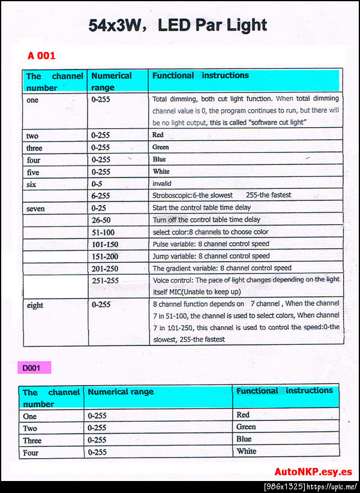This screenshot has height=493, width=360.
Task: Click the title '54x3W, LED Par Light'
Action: pyautogui.click(x=178, y=25)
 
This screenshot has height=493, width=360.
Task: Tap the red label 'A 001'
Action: pyautogui.click(x=41, y=56)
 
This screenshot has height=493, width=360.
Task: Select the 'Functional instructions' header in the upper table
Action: pyautogui.click(x=200, y=76)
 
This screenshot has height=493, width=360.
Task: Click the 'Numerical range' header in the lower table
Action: pyautogui.click(x=121, y=392)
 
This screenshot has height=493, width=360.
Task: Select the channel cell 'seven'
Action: pyautogui.click(x=35, y=208)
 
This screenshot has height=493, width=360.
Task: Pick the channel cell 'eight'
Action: pyautogui.click(x=35, y=305)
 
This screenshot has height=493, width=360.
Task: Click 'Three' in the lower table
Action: pyautogui.click(x=32, y=440)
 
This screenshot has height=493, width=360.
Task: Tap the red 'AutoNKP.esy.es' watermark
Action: pyautogui.click(x=313, y=471)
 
